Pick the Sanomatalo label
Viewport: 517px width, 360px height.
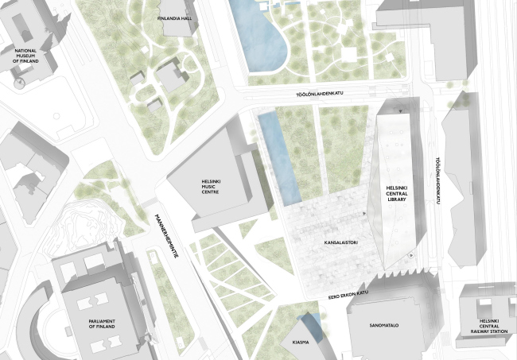(383, 325)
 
